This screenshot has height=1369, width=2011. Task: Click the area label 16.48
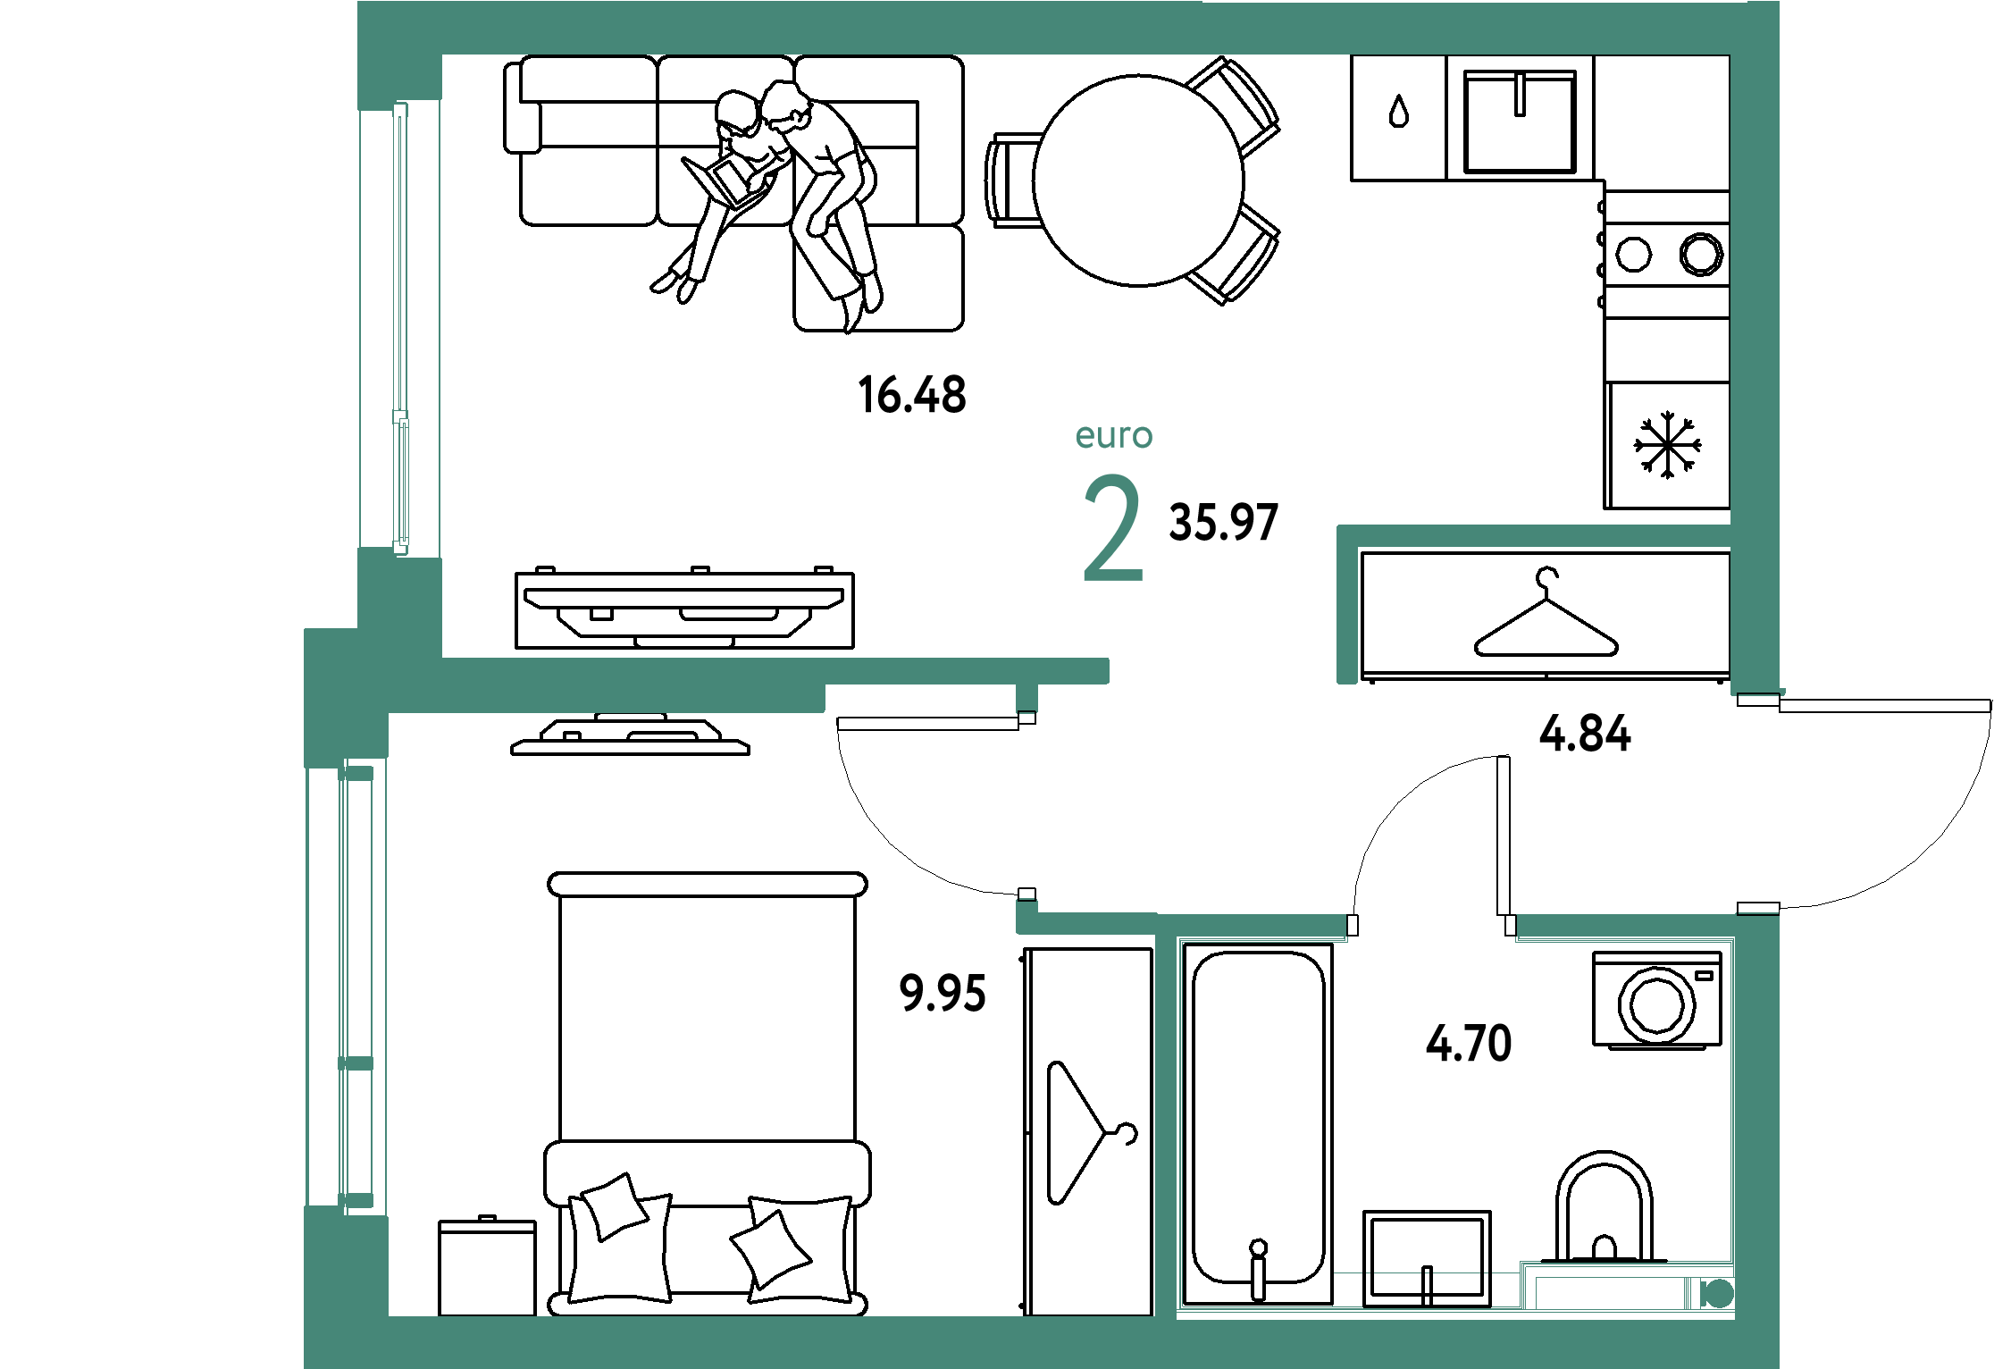[911, 394]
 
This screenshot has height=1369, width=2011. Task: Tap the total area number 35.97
[1224, 522]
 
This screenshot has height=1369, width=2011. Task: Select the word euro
[1114, 435]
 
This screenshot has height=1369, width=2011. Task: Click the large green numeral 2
[1113, 528]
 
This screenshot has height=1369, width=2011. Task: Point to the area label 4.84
[1585, 734]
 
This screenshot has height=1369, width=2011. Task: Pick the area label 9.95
[943, 993]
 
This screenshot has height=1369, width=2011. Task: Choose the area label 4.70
[1469, 1043]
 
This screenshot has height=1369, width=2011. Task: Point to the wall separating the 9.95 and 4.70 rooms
[1166, 1117]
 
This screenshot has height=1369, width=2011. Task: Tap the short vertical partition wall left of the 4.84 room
[1346, 608]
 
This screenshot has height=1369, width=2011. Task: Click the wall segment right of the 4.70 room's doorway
[1626, 927]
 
